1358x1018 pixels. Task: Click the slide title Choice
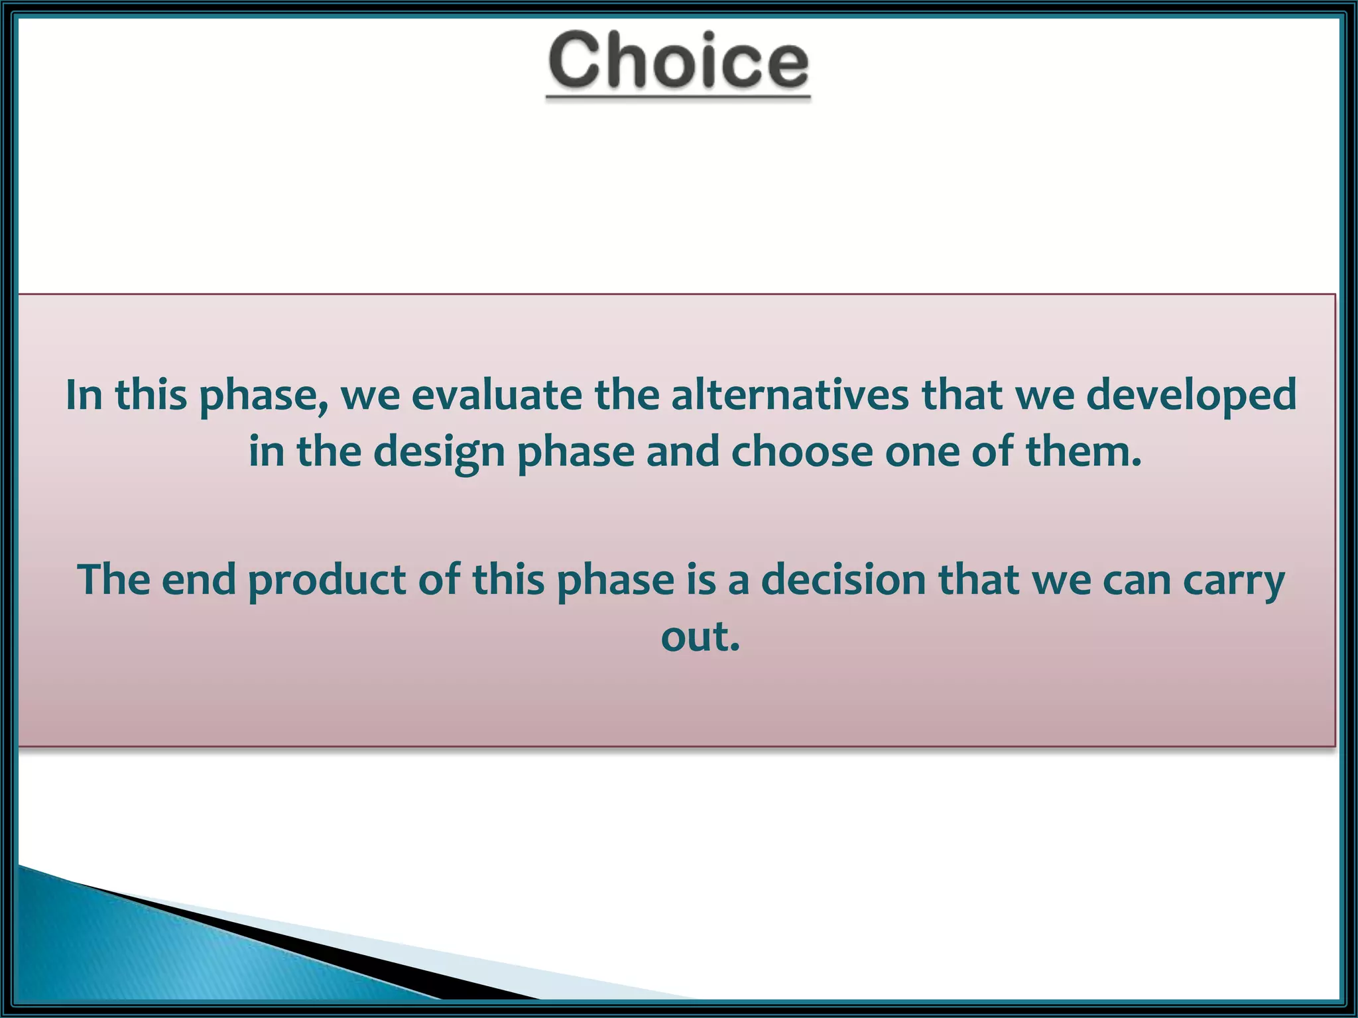point(678,61)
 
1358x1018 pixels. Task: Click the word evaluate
point(496,395)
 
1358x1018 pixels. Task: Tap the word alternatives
point(790,395)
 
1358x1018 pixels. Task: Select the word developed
point(1191,396)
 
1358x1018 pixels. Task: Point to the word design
point(439,453)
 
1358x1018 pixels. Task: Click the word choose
point(802,452)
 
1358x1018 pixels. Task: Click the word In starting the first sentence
point(84,395)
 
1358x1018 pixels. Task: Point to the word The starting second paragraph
point(113,580)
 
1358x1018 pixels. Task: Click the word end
point(199,580)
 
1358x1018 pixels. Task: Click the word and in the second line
point(683,452)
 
